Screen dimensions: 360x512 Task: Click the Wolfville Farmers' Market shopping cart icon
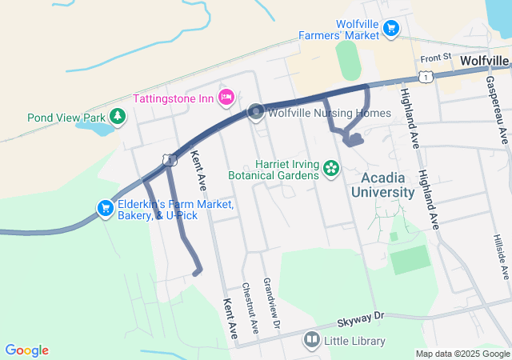390,29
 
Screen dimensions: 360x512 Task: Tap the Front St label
437,58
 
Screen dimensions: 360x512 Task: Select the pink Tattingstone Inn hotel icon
226,98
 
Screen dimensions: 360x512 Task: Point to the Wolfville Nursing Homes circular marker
256,112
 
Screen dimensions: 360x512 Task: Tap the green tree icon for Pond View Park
118,117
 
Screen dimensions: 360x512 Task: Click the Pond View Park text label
67,117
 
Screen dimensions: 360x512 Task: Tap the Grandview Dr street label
274,304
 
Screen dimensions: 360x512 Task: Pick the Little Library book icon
311,341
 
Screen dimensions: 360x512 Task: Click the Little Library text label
354,341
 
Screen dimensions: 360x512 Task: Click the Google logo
26,350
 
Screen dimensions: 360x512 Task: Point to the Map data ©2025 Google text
462,354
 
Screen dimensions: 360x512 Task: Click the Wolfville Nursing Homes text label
329,113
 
